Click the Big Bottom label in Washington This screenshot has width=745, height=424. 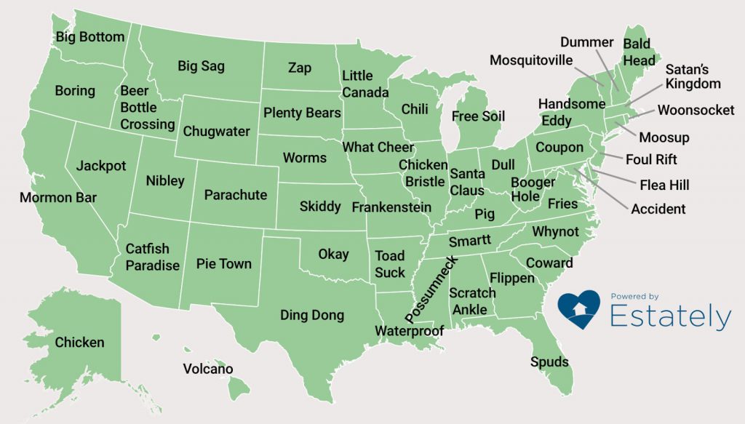pyautogui.click(x=90, y=37)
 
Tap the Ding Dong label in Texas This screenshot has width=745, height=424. pyautogui.click(x=312, y=316)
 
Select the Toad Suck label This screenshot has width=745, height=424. pyautogui.click(x=390, y=264)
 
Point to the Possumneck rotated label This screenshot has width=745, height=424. pyautogui.click(x=431, y=290)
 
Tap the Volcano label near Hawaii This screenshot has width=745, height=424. pyautogui.click(x=208, y=369)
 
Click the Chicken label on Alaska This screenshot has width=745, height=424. pyautogui.click(x=80, y=343)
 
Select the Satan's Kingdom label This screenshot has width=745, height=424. pyautogui.click(x=693, y=76)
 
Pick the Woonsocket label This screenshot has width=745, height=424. pyautogui.click(x=696, y=111)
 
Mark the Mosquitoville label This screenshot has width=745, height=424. pyautogui.click(x=531, y=60)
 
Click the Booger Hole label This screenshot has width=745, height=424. pyautogui.click(x=533, y=189)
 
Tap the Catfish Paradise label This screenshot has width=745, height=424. pyautogui.click(x=152, y=257)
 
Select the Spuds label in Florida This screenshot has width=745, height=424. pyautogui.click(x=549, y=361)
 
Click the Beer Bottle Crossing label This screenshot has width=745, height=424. pyautogui.click(x=147, y=108)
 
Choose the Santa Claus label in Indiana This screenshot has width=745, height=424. pyautogui.click(x=466, y=183)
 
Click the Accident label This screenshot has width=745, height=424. pyautogui.click(x=658, y=209)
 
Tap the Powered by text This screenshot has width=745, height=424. pyautogui.click(x=634, y=297)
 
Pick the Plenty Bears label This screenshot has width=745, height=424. pyautogui.click(x=302, y=113)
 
